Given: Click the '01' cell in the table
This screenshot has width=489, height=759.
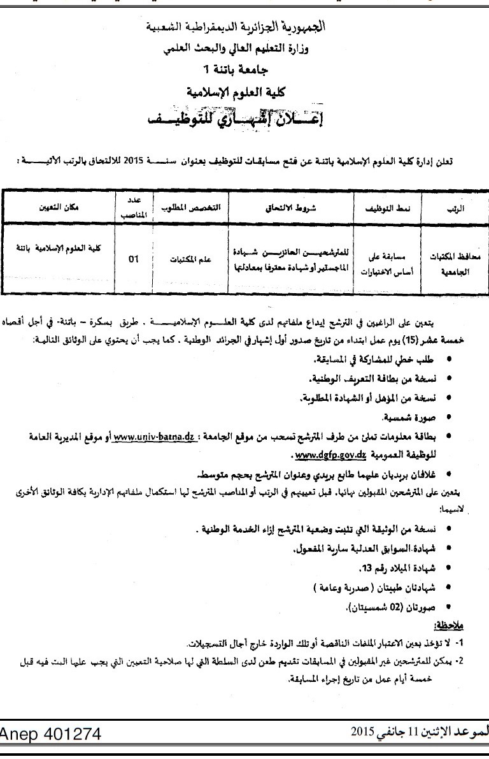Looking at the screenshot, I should [133, 259].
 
